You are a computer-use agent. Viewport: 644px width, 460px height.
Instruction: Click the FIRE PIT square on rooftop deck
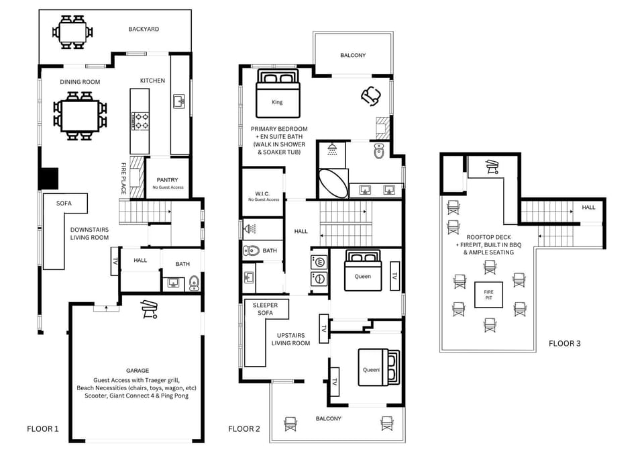(x=488, y=295)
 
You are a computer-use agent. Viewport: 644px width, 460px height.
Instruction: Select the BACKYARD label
(x=144, y=29)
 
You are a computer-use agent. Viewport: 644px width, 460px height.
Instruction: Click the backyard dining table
(x=71, y=32)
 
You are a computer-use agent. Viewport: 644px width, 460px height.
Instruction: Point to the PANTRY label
(x=167, y=180)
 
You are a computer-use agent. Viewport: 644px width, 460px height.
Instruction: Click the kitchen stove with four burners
(x=141, y=121)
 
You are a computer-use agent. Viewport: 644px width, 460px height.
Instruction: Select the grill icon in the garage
(x=148, y=310)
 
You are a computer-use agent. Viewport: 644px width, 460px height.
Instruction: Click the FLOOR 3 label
(x=564, y=343)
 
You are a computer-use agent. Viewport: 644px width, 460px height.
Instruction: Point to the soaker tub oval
(x=333, y=183)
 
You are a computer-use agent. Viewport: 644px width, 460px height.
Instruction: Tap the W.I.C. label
(x=263, y=194)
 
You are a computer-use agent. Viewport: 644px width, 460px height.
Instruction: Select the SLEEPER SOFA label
(x=266, y=309)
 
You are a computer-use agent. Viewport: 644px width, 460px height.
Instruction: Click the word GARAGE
(x=138, y=370)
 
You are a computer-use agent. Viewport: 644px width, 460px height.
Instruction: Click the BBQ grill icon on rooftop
(x=491, y=166)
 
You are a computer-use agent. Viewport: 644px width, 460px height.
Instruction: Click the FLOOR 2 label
(x=244, y=428)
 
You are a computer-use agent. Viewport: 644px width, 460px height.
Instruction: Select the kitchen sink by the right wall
(x=179, y=101)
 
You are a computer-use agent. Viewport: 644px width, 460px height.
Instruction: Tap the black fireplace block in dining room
(x=48, y=178)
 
